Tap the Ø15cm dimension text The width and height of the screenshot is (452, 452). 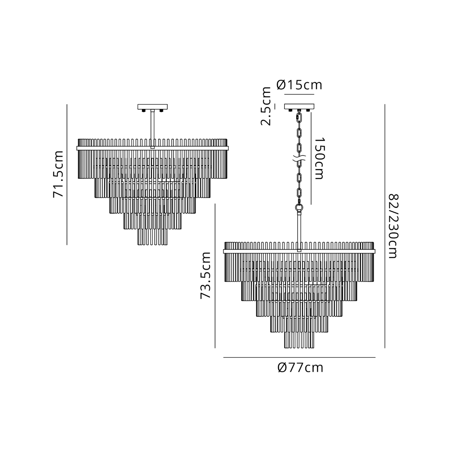click(x=299, y=85)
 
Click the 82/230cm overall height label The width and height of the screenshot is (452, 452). click(x=393, y=226)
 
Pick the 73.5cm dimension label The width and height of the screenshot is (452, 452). click(x=206, y=275)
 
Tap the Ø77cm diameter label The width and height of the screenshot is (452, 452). click(x=300, y=368)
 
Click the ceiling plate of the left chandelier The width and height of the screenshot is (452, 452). click(x=152, y=107)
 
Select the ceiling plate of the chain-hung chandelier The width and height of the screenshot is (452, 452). click(x=299, y=106)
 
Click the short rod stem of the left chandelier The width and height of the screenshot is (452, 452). click(x=152, y=128)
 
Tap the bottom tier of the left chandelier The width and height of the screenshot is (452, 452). click(x=152, y=237)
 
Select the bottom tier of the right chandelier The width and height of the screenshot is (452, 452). click(x=299, y=340)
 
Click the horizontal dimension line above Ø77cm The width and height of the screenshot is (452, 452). click(x=299, y=357)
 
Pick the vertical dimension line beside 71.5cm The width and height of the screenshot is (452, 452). click(x=67, y=174)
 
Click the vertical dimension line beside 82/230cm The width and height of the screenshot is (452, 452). click(x=385, y=226)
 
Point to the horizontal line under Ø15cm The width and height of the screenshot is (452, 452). click(x=299, y=94)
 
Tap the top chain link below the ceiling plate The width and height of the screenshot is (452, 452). click(x=299, y=116)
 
